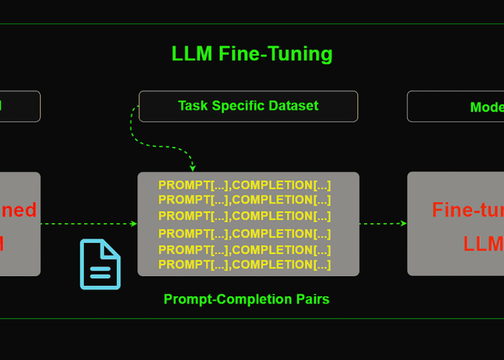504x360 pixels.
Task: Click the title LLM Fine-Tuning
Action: [252, 54]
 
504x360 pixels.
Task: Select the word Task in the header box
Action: [192, 106]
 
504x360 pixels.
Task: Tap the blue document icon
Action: [100, 264]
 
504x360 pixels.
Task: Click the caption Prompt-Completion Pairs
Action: [247, 299]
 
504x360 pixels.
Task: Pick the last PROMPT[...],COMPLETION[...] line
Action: [244, 265]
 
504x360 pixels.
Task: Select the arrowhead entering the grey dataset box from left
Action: [134, 224]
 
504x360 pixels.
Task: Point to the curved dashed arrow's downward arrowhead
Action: [193, 168]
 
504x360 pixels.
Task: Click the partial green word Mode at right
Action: [487, 107]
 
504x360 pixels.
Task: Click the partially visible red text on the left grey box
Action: [18, 210]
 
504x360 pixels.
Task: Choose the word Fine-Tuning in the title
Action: [275, 54]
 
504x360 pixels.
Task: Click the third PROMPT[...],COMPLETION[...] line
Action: [244, 216]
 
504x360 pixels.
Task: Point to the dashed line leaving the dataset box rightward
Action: [382, 224]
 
